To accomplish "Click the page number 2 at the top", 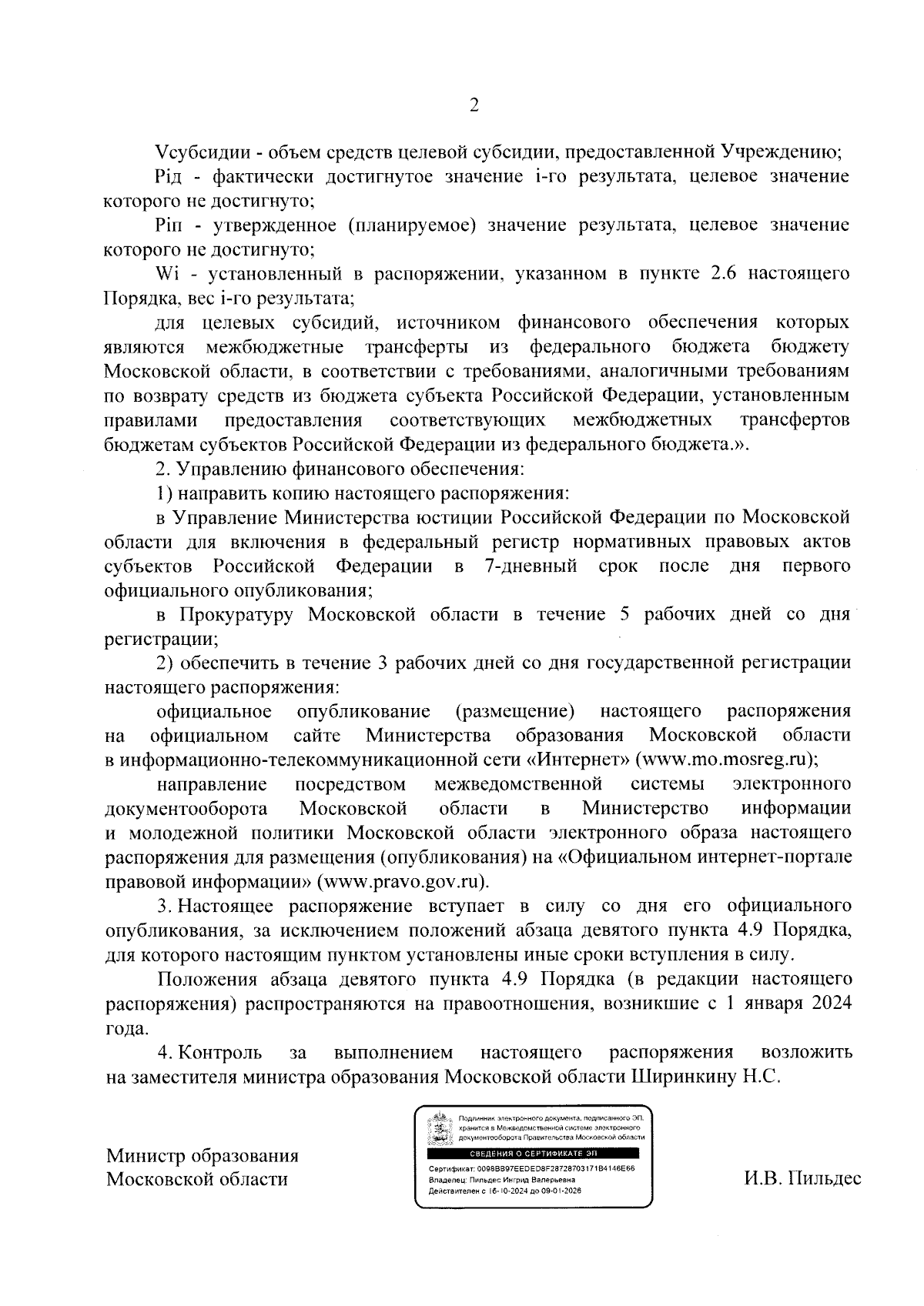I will [474, 106].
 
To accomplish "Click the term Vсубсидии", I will [194, 152].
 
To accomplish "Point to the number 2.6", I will [728, 274].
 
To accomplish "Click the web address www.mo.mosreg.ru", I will [725, 760].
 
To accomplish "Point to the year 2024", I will [825, 1004].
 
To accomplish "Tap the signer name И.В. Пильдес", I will [802, 1178].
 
